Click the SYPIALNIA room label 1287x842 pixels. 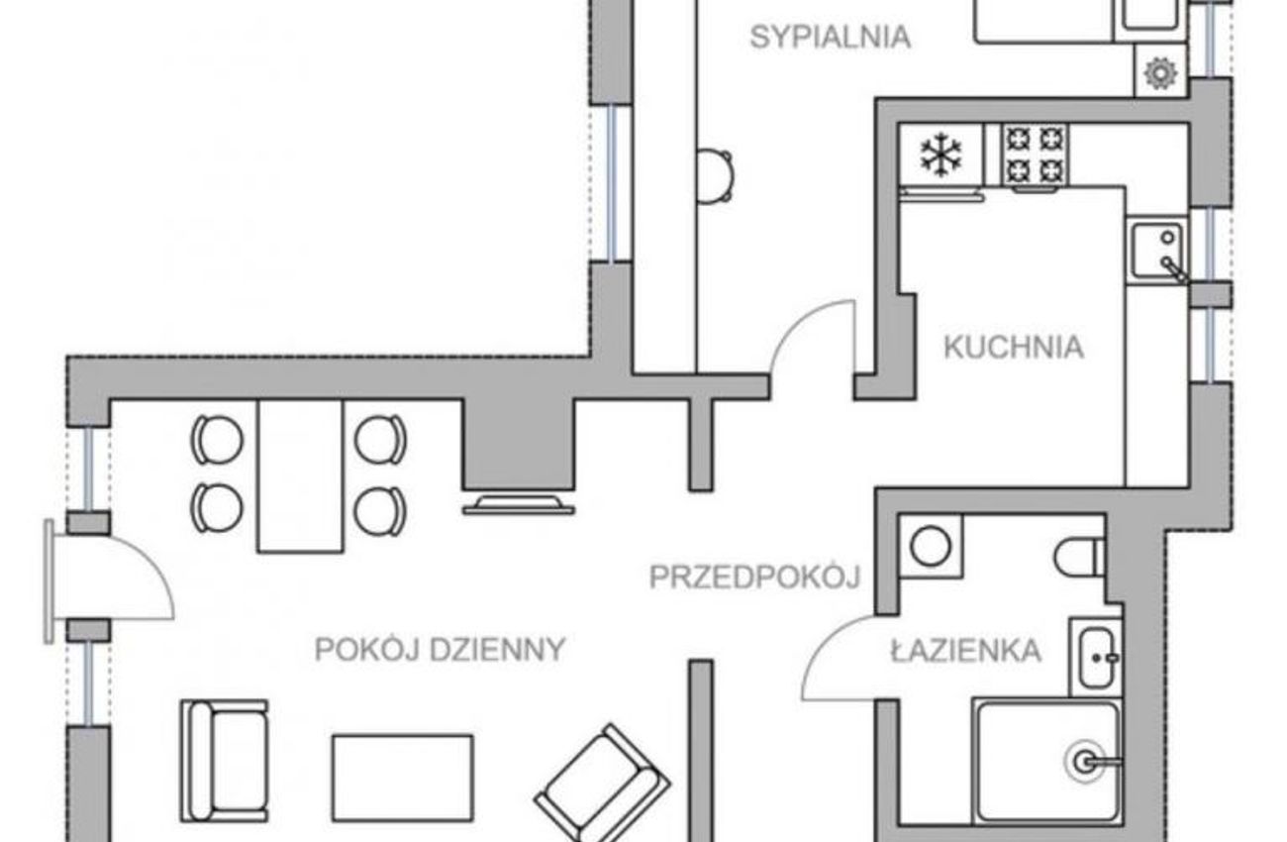tap(831, 38)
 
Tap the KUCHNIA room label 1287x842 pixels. tap(1014, 347)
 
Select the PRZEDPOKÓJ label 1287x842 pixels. tap(754, 578)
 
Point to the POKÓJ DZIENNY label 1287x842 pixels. tap(441, 650)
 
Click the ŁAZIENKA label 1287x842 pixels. tap(966, 651)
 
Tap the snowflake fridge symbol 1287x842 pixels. tap(940, 154)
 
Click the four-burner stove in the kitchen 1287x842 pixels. tap(1035, 156)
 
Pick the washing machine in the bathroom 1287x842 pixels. tap(931, 547)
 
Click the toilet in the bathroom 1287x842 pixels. tap(1079, 557)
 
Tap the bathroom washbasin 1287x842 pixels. tap(1096, 658)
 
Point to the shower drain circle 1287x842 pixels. tap(1084, 762)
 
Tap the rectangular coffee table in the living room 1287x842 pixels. tap(403, 778)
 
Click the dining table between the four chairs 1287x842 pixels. tap(300, 476)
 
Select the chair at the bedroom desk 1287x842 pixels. tap(716, 176)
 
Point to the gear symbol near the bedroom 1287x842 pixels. tap(1159, 73)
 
